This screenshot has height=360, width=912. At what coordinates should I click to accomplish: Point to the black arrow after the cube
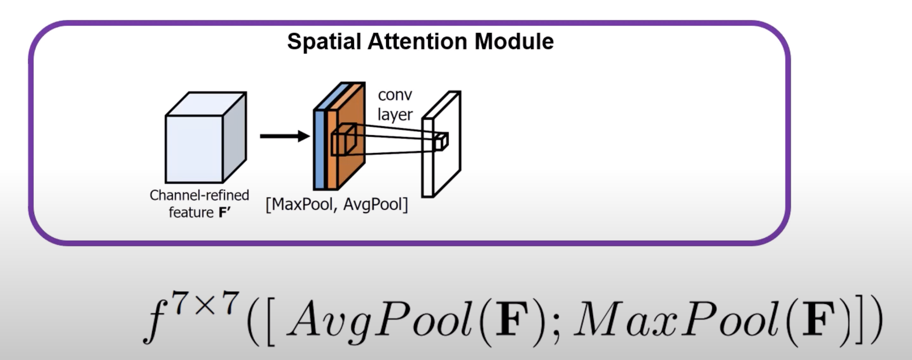point(284,136)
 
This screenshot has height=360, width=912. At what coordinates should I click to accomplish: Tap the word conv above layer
point(394,95)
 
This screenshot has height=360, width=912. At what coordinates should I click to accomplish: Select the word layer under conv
point(394,114)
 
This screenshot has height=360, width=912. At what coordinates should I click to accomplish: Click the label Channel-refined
point(199,195)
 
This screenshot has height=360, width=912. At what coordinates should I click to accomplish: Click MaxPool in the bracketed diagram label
point(302,204)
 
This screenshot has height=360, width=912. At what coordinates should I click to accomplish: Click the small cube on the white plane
point(441,141)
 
